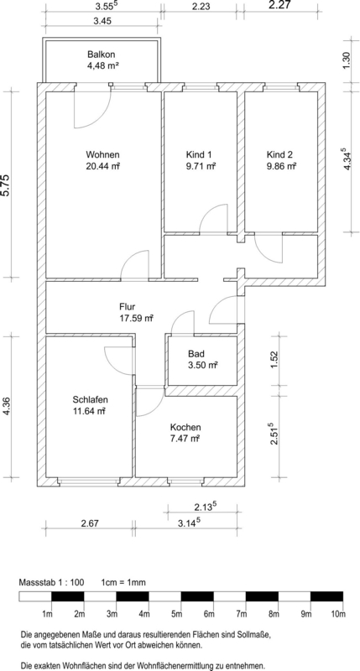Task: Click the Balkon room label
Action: coord(102,55)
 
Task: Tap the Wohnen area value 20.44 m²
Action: coord(102,166)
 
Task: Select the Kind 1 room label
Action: coord(199,154)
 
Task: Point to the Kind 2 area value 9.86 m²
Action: coord(281,166)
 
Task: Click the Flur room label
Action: coord(128,306)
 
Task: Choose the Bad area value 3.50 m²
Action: coord(202,365)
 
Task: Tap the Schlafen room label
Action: coord(90,400)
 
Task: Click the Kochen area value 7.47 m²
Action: coord(185,438)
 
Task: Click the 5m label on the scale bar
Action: coord(176,615)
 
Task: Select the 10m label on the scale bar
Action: coord(338,615)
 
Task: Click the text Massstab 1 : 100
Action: coord(51,583)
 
